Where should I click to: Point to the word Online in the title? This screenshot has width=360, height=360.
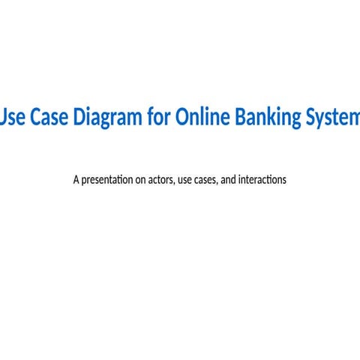pyautogui.click(x=202, y=118)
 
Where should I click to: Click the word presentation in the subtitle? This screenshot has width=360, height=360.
pyautogui.click(x=107, y=180)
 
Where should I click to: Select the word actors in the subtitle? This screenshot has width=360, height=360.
pyautogui.click(x=159, y=180)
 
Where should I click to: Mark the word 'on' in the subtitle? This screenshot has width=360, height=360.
pyautogui.click(x=140, y=180)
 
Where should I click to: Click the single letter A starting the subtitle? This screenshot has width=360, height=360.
pyautogui.click(x=76, y=180)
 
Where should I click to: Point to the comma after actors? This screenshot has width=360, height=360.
pyautogui.click(x=172, y=184)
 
